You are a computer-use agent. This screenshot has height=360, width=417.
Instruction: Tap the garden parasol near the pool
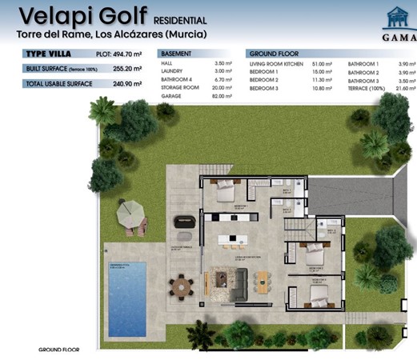130,213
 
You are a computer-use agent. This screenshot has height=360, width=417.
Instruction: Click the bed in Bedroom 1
224,190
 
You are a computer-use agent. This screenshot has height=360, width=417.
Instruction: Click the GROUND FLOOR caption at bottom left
62,350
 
